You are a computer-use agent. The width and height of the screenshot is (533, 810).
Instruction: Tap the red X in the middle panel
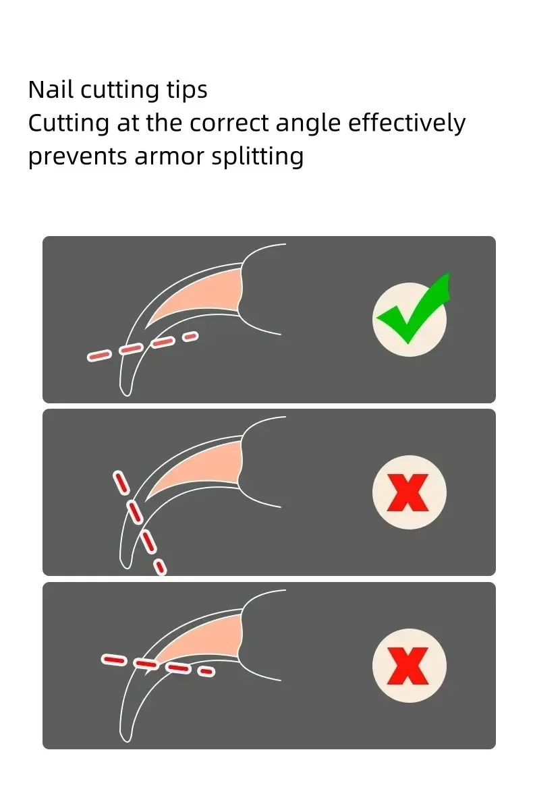(408, 492)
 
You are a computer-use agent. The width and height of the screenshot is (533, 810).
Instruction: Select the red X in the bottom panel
(408, 666)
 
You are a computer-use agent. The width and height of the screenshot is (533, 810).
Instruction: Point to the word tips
(187, 90)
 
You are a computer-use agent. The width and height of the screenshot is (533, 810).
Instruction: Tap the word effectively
(407, 123)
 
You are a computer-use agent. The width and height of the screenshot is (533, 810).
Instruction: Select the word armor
(169, 157)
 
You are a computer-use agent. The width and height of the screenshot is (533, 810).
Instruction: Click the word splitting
(257, 157)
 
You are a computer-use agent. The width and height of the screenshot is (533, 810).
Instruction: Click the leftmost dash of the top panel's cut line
(99, 356)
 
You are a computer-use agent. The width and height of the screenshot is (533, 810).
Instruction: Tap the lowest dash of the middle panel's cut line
(160, 567)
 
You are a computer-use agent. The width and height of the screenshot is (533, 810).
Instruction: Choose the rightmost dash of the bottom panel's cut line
(206, 672)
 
